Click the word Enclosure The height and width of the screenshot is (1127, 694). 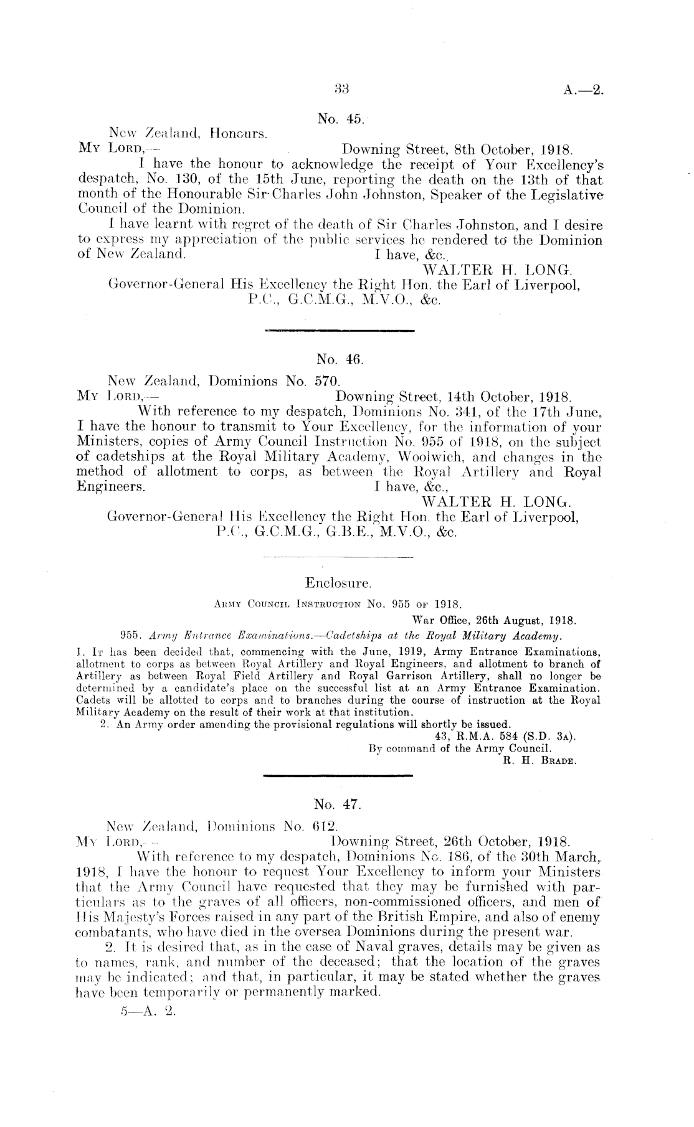339,583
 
